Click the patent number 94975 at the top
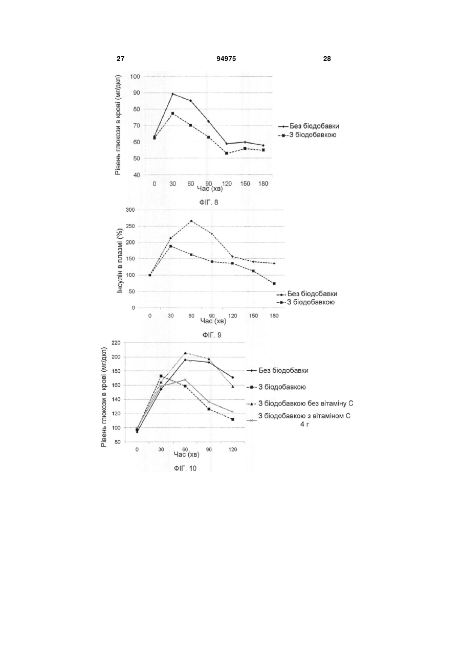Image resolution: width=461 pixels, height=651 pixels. coord(226,59)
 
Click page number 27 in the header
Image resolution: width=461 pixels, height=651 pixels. coord(120,59)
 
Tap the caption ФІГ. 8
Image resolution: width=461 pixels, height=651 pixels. coord(209,203)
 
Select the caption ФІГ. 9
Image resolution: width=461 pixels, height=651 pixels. coord(212,335)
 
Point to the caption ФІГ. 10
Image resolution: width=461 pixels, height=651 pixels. coord(185,468)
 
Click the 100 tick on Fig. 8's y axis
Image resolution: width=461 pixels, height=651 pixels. coord(135,76)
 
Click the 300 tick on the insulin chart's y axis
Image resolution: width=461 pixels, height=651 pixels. coord(130,210)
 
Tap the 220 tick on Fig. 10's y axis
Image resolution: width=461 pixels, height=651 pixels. coord(116,343)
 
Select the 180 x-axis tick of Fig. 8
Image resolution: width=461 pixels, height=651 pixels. coord(263,184)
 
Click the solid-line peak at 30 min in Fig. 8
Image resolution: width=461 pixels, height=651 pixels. coord(173,94)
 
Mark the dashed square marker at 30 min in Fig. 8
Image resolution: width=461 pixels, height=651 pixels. coord(173,114)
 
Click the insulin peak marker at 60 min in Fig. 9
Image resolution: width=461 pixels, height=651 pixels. coord(191,221)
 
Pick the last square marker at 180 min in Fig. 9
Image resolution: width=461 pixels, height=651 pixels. coord(274,283)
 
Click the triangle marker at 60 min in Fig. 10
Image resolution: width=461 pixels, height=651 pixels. coord(185,353)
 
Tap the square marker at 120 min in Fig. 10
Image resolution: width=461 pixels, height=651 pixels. coord(233,419)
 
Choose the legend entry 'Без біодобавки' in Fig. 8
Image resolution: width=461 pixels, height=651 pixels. coord(309,126)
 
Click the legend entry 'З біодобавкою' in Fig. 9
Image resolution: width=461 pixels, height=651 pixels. coord(305,302)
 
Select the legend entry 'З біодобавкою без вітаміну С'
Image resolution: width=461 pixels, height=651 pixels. coord(300,403)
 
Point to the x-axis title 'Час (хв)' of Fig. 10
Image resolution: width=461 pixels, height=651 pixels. coord(186,454)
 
